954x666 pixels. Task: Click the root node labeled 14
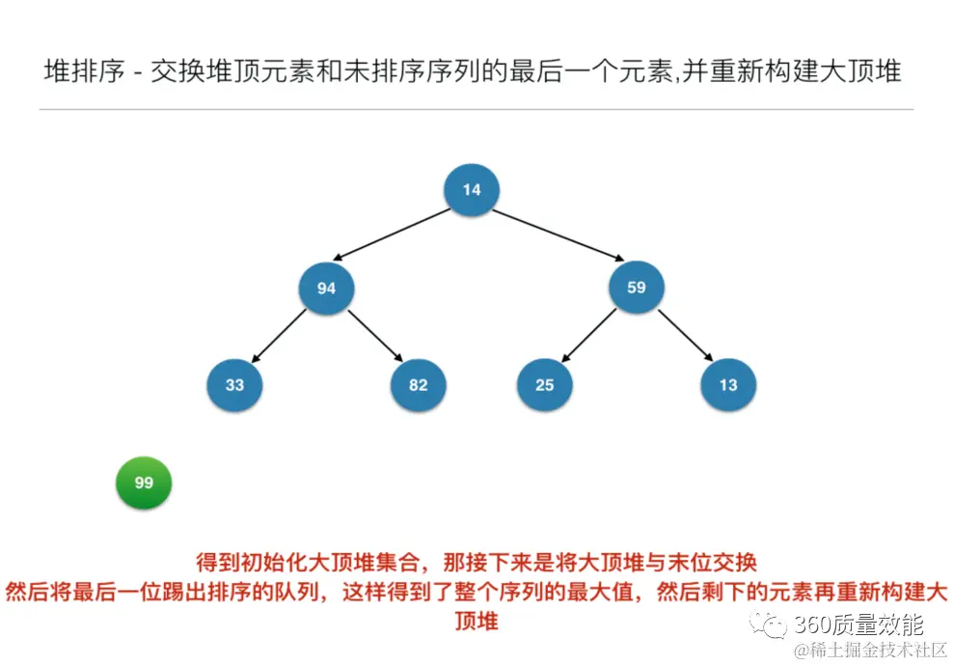coord(471,190)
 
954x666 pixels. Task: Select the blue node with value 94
coord(326,288)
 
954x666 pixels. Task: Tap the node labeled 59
coord(636,288)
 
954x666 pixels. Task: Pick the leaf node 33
coord(234,384)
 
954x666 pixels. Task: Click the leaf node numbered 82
coord(418,384)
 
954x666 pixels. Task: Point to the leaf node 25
coord(545,384)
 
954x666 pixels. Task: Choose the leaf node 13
coord(728,384)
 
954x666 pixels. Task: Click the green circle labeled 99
coord(143,483)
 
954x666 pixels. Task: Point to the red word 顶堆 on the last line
coord(476,621)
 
